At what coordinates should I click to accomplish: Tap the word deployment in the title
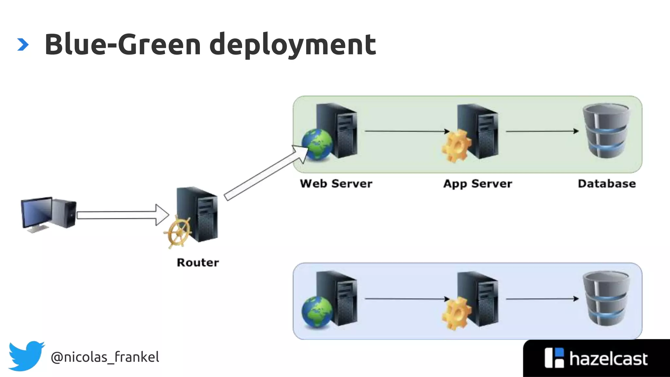tap(292, 45)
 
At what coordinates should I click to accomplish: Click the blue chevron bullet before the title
tap(23, 45)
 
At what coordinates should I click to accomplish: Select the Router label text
tap(198, 262)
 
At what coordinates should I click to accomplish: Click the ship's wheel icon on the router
tap(178, 232)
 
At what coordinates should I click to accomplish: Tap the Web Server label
tap(336, 184)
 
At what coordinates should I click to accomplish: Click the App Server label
tap(477, 184)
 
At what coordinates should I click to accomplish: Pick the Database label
tap(607, 184)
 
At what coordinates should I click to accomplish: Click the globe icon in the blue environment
tap(317, 312)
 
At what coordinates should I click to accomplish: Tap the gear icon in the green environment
tap(456, 146)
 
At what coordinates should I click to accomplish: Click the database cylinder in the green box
tap(606, 131)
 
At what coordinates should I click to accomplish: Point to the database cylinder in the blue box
tap(606, 298)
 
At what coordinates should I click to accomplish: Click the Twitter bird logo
tap(26, 356)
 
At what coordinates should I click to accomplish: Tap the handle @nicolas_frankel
tap(105, 357)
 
